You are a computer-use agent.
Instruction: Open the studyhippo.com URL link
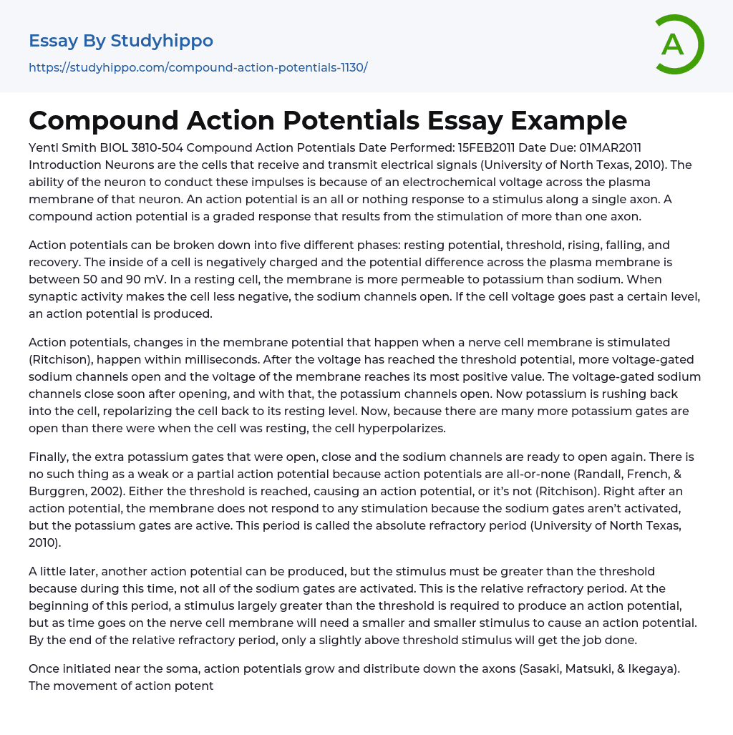[x=198, y=68]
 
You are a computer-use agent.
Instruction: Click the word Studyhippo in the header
[x=162, y=42]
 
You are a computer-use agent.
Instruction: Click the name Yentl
[x=45, y=147]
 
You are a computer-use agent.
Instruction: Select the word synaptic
[x=55, y=296]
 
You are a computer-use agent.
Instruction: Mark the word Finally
[x=49, y=457]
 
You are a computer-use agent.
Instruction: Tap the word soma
[x=160, y=668]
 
